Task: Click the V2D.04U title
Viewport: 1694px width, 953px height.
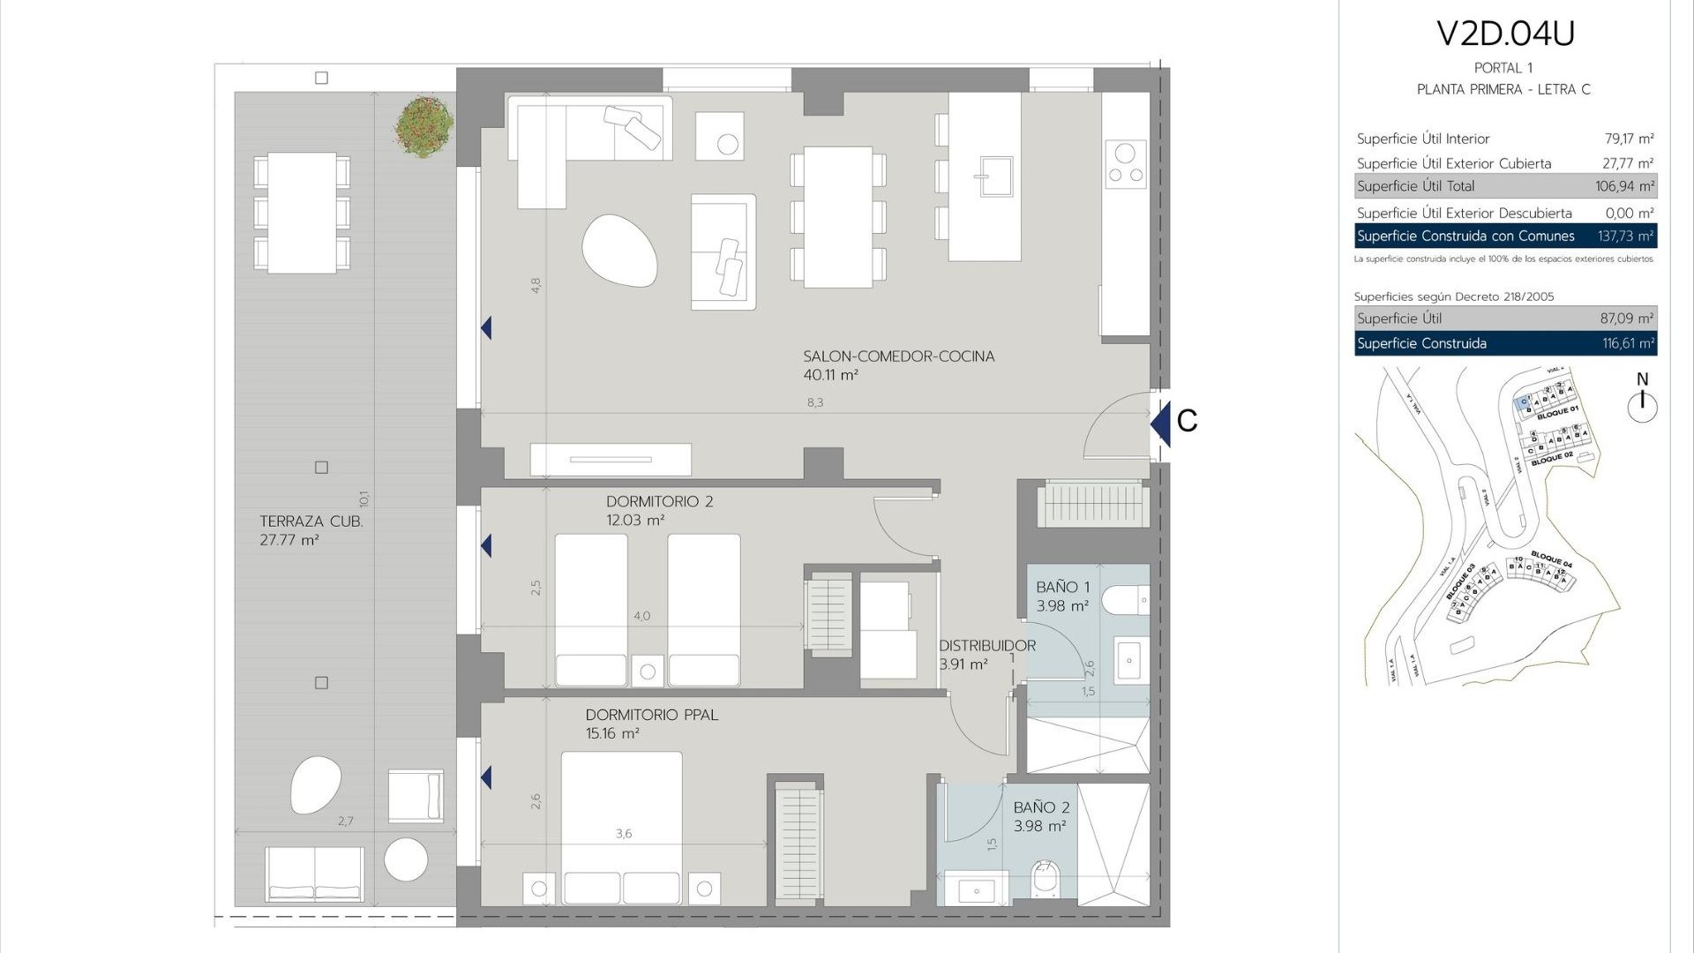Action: pos(1505,34)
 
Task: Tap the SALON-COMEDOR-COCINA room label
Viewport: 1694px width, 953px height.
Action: pos(898,356)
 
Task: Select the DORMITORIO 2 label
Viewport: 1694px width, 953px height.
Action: pos(659,501)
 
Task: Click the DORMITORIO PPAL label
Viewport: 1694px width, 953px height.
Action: pos(651,715)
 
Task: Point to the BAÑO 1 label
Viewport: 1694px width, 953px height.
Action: pos(1062,588)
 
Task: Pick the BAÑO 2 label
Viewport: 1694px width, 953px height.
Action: pos(1041,807)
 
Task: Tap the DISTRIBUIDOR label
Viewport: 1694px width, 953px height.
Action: pos(986,646)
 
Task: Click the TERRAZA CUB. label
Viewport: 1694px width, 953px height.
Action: pos(311,522)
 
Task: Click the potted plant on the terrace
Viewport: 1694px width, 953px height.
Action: pos(424,127)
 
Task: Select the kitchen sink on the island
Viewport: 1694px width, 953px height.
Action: pos(994,176)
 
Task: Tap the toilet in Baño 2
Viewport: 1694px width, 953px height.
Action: pos(1045,879)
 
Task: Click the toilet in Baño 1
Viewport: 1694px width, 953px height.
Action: pos(1126,600)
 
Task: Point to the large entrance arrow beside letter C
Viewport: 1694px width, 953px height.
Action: pos(1160,424)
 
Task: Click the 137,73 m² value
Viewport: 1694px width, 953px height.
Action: pos(1625,236)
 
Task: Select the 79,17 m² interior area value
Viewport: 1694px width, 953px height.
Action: pos(1629,139)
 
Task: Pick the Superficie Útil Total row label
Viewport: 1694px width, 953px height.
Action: pos(1415,186)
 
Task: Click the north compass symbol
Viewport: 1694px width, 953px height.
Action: pos(1642,404)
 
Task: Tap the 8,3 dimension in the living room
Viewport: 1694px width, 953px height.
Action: pos(814,402)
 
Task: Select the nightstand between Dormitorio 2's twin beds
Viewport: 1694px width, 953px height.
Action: pos(647,672)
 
